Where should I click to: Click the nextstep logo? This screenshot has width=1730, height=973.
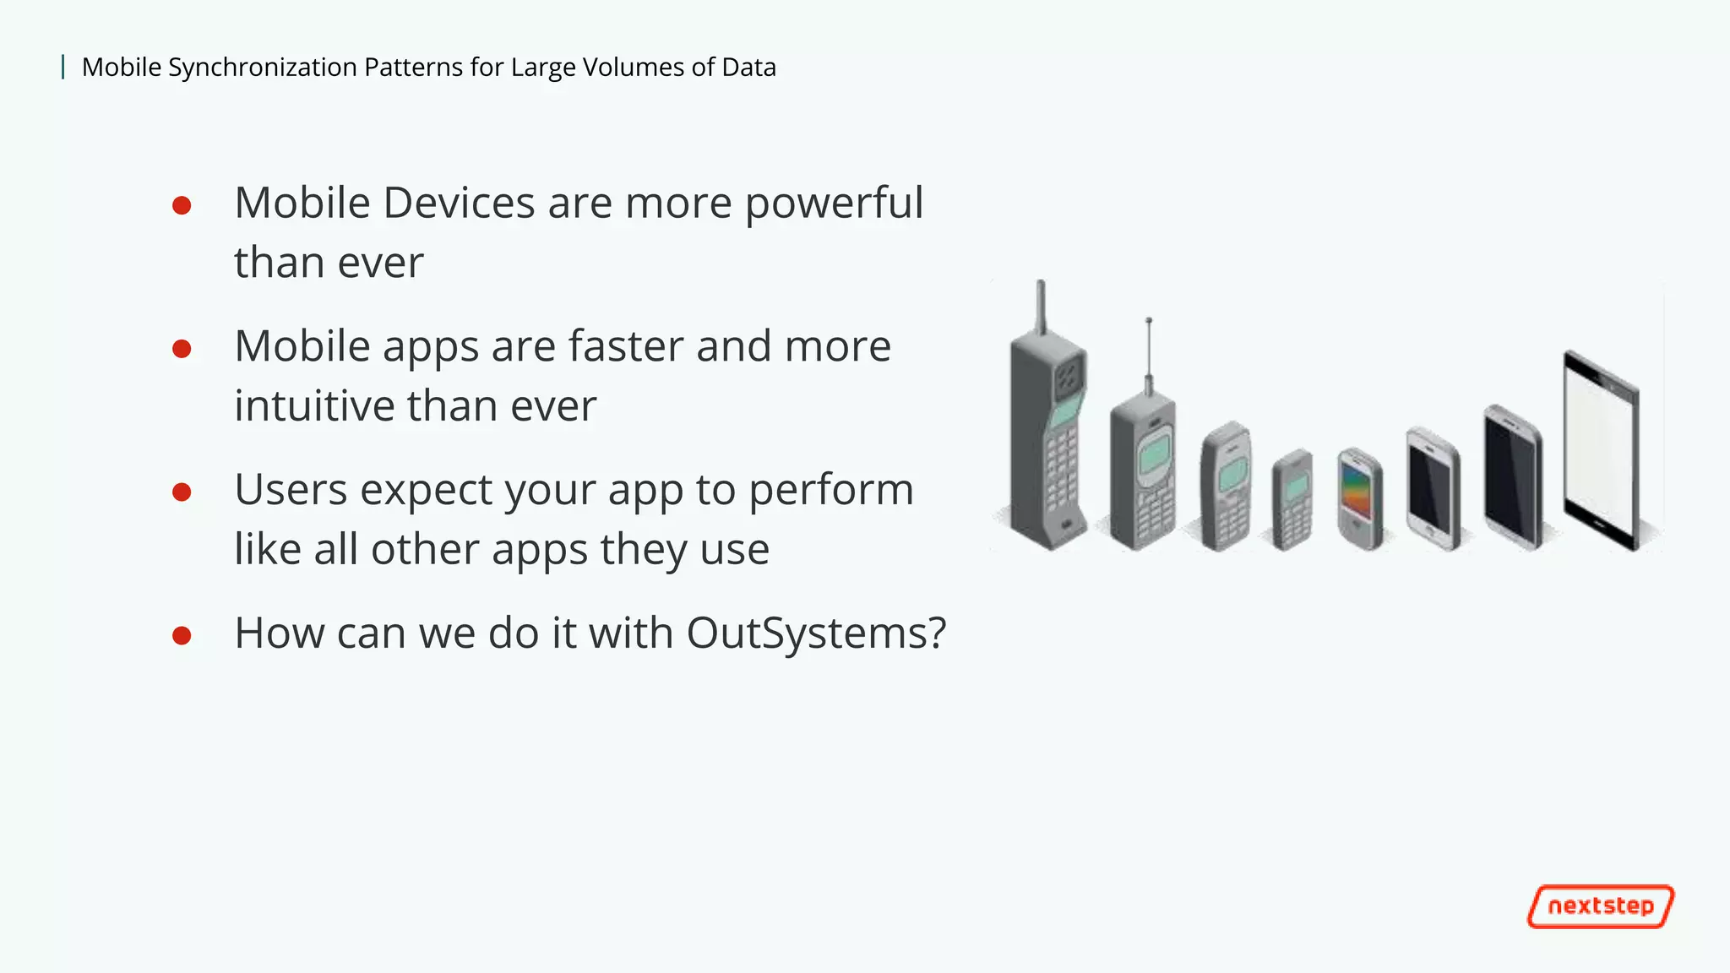click(1600, 906)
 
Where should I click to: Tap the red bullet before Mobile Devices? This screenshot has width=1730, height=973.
click(182, 205)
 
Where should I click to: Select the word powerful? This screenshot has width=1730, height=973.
click(834, 204)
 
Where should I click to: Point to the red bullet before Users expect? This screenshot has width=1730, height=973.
click(182, 492)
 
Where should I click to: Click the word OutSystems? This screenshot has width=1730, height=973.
click(815, 633)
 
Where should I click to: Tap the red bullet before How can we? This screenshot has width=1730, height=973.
click(182, 635)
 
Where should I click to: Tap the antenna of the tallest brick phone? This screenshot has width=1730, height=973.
click(1041, 307)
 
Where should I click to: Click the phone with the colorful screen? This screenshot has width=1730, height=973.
click(1359, 498)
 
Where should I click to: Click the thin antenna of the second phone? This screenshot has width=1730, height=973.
click(1148, 351)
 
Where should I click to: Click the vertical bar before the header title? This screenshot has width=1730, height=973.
click(63, 67)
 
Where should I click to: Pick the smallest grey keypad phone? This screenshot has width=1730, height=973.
click(1292, 500)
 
